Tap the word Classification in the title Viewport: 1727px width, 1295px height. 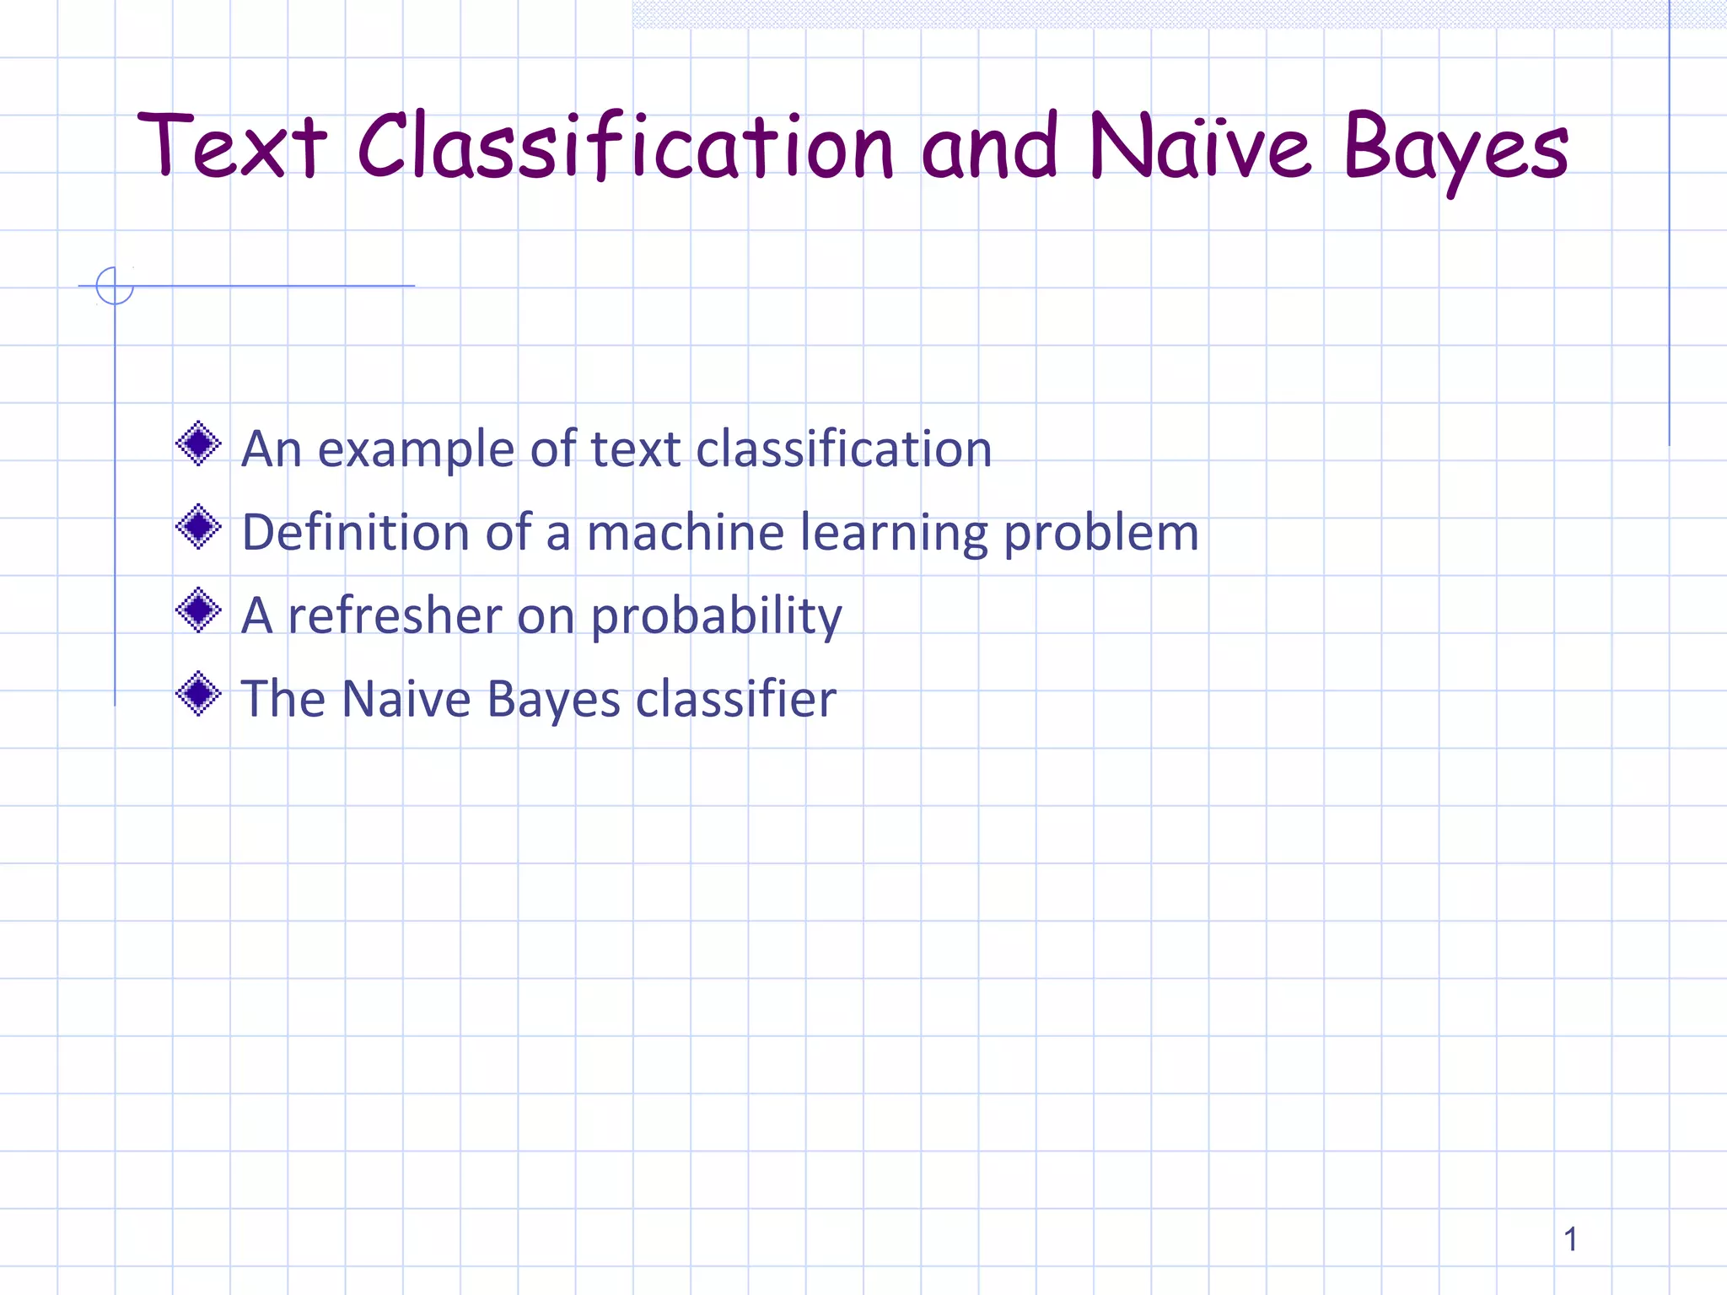[625, 148]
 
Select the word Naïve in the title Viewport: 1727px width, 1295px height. [1200, 148]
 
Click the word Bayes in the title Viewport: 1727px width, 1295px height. [1456, 150]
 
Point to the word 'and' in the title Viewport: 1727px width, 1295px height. [989, 148]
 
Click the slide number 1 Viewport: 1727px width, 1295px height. [1570, 1239]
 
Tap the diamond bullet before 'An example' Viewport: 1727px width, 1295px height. [199, 443]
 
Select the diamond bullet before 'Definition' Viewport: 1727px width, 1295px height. [199, 527]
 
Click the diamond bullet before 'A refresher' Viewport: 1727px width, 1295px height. [199, 610]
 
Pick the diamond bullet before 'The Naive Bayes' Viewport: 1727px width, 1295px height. [199, 694]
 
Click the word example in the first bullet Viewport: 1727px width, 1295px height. [416, 449]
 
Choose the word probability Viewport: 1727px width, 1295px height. [716, 617]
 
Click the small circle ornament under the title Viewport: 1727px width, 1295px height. [115, 286]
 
